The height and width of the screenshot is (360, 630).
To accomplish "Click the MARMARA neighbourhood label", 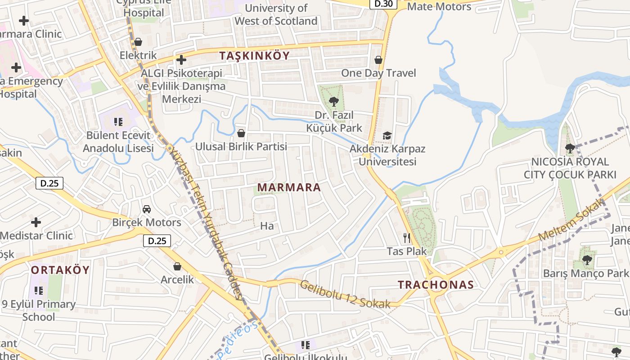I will pyautogui.click(x=289, y=187).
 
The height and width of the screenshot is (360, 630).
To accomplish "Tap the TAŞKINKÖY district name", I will pyautogui.click(x=255, y=55).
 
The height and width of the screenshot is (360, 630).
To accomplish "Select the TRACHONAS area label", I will pyautogui.click(x=436, y=284).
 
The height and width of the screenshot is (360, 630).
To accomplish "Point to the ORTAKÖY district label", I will pyautogui.click(x=60, y=270).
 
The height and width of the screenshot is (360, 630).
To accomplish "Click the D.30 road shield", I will pyautogui.click(x=383, y=4).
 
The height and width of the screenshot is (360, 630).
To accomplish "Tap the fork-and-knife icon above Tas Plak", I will pyautogui.click(x=407, y=237).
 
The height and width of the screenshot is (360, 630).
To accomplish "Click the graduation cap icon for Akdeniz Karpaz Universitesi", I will pyautogui.click(x=387, y=135).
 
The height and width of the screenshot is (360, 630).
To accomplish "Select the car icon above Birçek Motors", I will pyautogui.click(x=147, y=209).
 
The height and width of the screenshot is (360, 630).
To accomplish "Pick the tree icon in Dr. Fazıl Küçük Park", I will pyautogui.click(x=333, y=101).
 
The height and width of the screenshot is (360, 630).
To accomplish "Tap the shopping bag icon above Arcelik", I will pyautogui.click(x=177, y=266).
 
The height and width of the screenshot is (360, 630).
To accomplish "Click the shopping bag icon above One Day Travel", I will pyautogui.click(x=378, y=60).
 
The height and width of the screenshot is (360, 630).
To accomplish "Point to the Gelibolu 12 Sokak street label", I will pyautogui.click(x=345, y=295).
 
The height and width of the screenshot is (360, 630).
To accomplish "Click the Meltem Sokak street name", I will pyautogui.click(x=571, y=220).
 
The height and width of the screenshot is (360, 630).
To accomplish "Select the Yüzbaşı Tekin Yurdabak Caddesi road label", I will pyautogui.click(x=205, y=220).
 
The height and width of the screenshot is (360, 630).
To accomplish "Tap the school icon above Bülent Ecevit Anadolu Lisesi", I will pyautogui.click(x=118, y=121).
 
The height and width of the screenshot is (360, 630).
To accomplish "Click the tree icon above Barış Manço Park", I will pyautogui.click(x=587, y=260).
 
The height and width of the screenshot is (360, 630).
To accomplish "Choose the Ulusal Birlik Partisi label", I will pyautogui.click(x=241, y=146).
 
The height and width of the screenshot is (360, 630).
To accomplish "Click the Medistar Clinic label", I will pyautogui.click(x=36, y=235).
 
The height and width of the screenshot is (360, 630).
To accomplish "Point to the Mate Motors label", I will pyautogui.click(x=439, y=7).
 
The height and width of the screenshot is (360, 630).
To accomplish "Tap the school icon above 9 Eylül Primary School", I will pyautogui.click(x=39, y=290).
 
